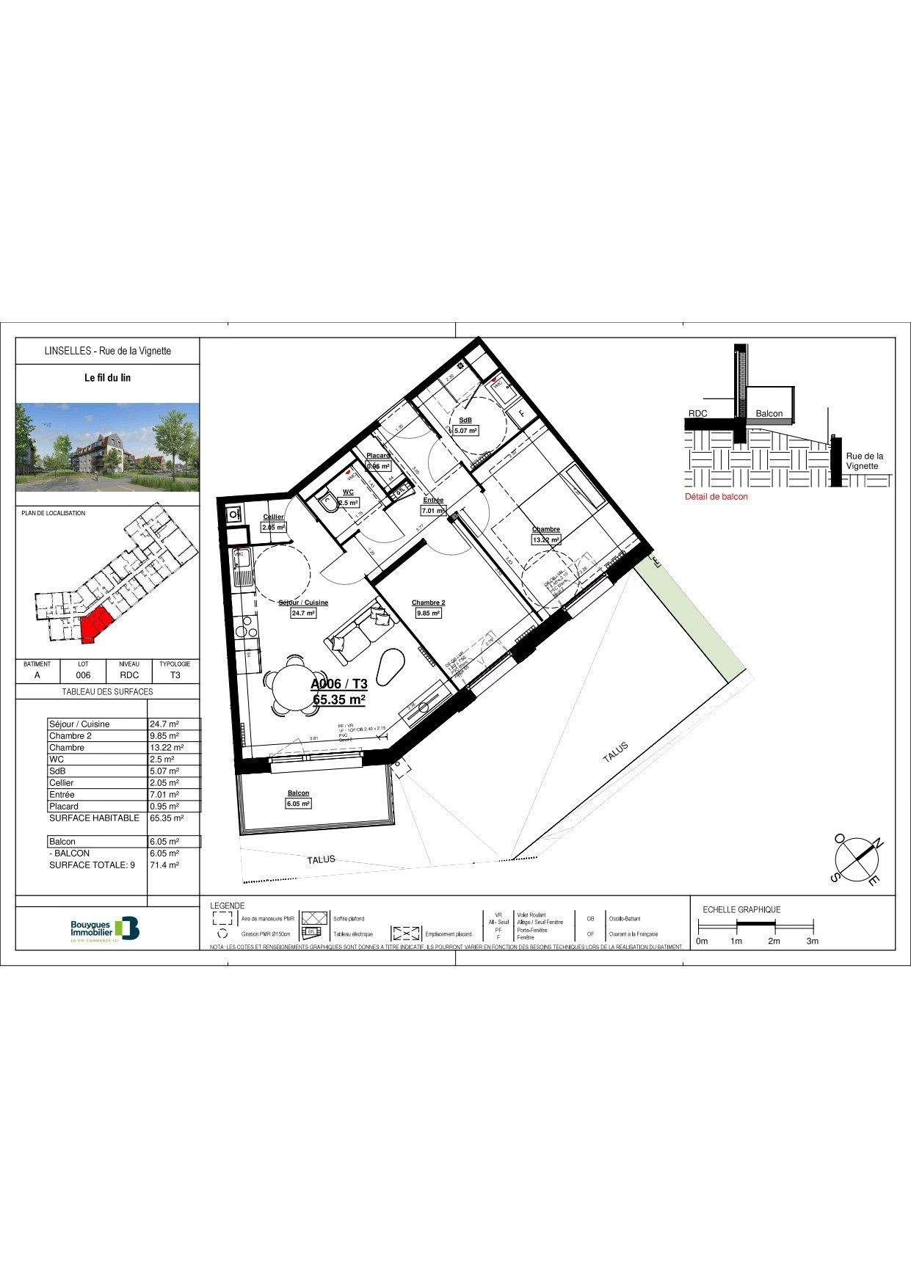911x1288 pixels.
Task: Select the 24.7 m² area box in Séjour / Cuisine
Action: (303, 614)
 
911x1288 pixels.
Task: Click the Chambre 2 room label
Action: (428, 603)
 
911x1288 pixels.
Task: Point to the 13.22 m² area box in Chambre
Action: (545, 540)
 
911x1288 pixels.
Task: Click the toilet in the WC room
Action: (327, 503)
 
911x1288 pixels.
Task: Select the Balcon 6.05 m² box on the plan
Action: (298, 804)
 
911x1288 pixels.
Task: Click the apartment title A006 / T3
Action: (339, 684)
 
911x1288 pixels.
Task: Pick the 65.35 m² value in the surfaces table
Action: (166, 818)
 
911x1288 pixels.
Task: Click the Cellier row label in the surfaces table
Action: (61, 782)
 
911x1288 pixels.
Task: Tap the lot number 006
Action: (84, 675)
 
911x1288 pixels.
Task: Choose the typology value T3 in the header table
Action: (175, 675)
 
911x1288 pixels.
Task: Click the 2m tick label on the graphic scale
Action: (774, 941)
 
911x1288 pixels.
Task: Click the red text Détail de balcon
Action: (716, 497)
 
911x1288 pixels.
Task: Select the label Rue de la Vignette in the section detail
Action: (864, 461)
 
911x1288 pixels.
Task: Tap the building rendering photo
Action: (108, 447)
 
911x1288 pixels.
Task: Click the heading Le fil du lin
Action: (107, 378)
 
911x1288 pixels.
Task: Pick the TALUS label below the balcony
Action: (321, 859)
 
